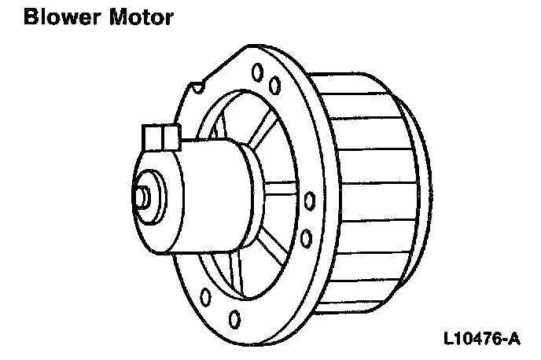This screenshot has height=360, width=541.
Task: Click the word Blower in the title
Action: [60, 17]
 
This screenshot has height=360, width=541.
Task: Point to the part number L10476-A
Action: [481, 340]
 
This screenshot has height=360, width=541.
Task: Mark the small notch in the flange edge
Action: [201, 81]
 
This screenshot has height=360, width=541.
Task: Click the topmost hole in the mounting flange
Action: [256, 72]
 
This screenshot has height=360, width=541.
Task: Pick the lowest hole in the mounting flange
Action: [236, 318]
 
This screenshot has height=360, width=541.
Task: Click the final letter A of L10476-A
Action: [513, 340]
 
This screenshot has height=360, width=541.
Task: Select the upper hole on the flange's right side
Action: [309, 199]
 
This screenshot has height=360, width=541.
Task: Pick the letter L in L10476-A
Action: [449, 340]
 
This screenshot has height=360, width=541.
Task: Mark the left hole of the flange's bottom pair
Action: [205, 298]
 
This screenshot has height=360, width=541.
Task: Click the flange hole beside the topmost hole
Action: [274, 83]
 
